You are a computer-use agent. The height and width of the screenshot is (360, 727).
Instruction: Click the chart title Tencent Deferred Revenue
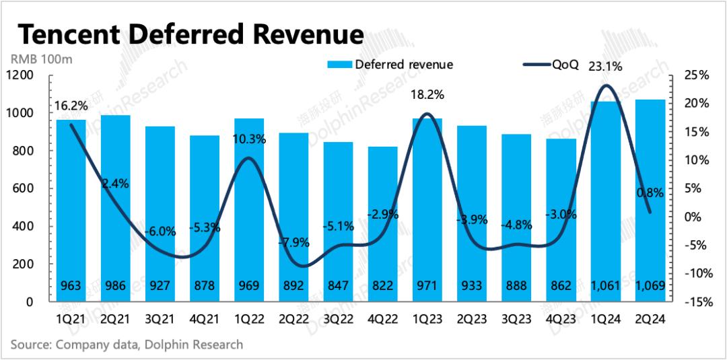pos(191,34)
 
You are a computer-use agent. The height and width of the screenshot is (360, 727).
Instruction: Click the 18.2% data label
pos(427,95)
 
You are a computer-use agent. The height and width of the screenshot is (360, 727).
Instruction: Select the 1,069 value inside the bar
pos(650,286)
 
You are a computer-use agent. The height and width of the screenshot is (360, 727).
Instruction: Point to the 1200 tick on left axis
pos(20,75)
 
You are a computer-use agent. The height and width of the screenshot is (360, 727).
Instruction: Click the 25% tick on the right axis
pos(697,75)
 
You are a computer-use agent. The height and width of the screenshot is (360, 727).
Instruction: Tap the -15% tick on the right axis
pos(696,302)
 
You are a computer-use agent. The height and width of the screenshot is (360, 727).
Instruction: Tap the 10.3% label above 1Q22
pos(249,140)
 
